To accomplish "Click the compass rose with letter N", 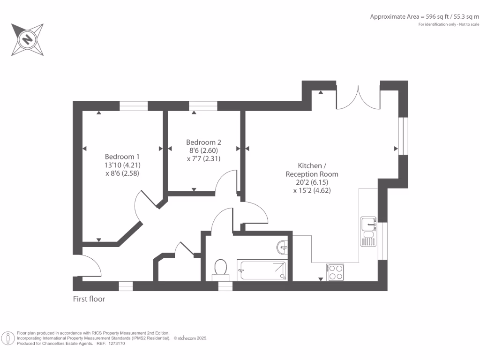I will coord(28,39).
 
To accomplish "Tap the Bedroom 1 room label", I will coord(122,157).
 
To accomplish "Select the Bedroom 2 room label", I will coord(203,142).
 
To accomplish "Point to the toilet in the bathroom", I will coord(220,268).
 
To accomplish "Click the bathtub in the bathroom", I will coord(262,270).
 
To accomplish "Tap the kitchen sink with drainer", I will coord(368,231).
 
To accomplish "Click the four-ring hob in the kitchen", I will coord(336,272).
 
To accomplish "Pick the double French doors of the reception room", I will coord(359,97).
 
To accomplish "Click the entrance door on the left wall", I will coord(89,265).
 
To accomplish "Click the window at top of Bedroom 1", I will coord(133,106).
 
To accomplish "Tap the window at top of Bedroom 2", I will coord(203,106).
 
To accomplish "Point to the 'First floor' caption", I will coord(89,299).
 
